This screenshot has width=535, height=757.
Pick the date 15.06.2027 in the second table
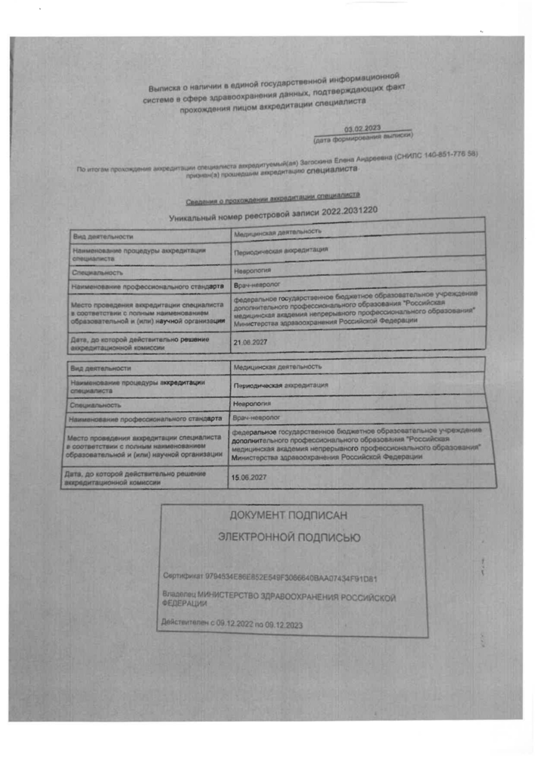point(247,478)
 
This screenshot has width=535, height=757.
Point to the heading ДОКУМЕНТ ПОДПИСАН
point(288,516)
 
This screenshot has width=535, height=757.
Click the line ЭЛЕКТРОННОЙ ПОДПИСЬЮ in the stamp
point(289,537)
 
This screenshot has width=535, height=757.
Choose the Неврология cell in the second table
point(250,404)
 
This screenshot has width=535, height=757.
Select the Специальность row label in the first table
point(98,272)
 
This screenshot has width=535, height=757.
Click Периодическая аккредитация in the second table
point(281,385)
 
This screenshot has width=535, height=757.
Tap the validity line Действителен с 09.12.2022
point(232,624)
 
